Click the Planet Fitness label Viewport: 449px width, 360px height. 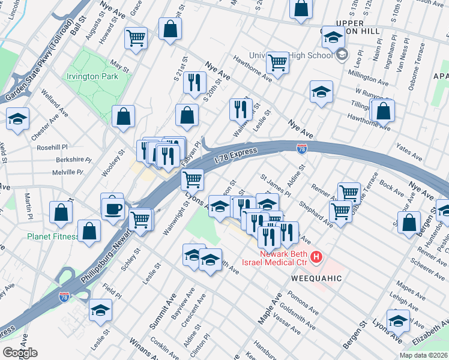tap(52, 236)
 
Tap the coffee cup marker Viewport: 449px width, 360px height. tap(112, 208)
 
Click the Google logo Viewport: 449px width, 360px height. tap(19, 353)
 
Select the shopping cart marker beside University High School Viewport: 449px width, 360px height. tap(277, 62)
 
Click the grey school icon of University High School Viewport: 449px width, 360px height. tap(342, 55)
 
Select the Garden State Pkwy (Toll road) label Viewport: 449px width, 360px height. tap(37, 70)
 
